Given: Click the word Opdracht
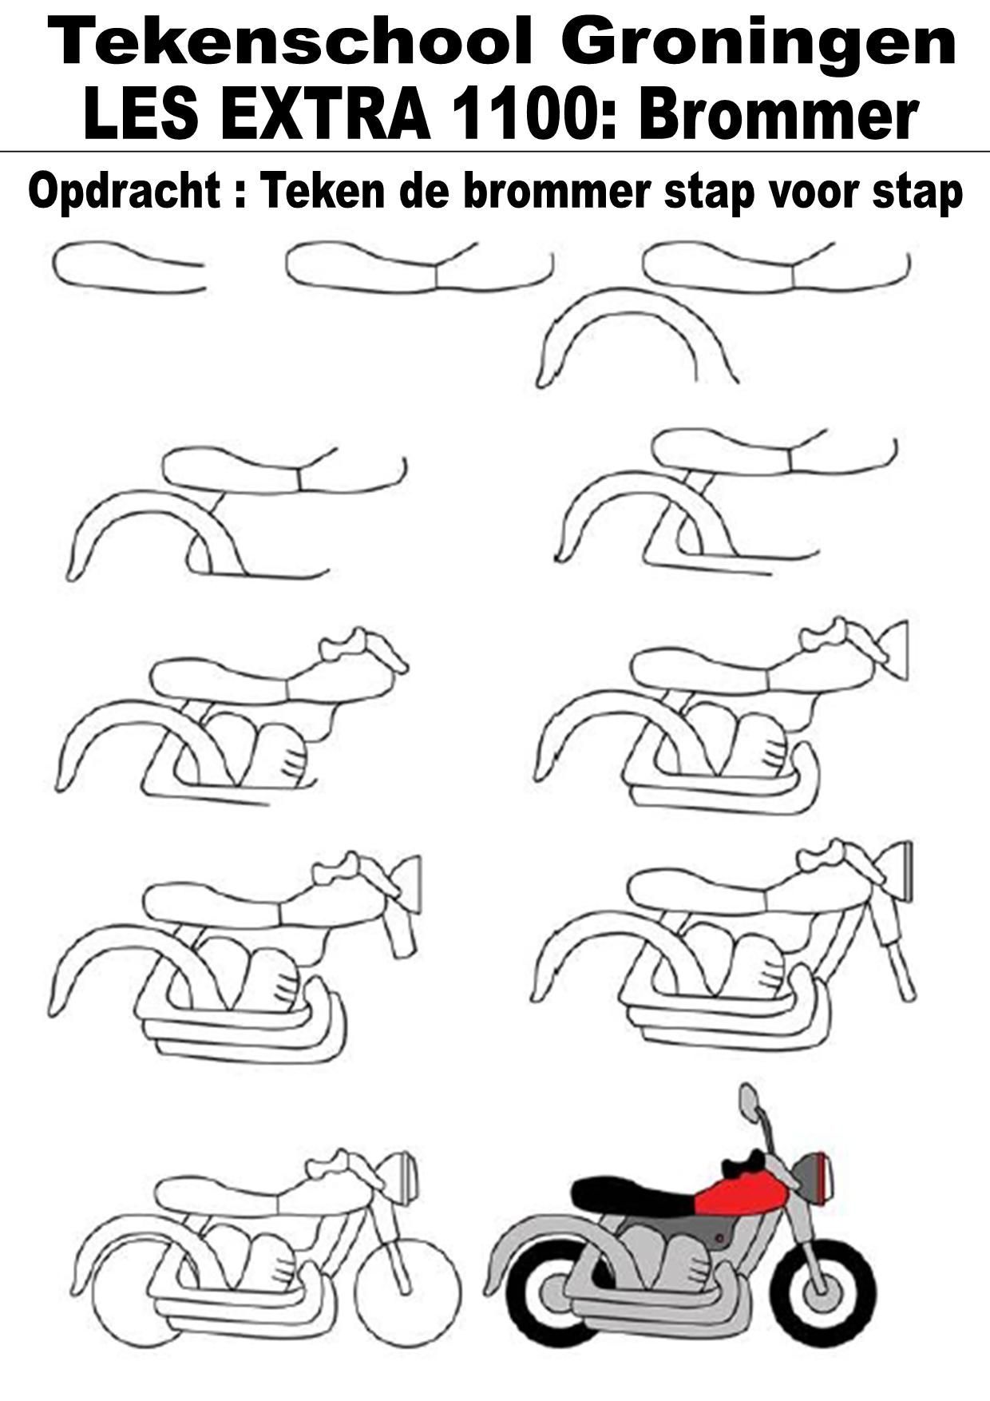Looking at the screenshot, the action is tap(125, 192).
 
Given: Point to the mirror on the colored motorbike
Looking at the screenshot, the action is tap(748, 1103).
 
